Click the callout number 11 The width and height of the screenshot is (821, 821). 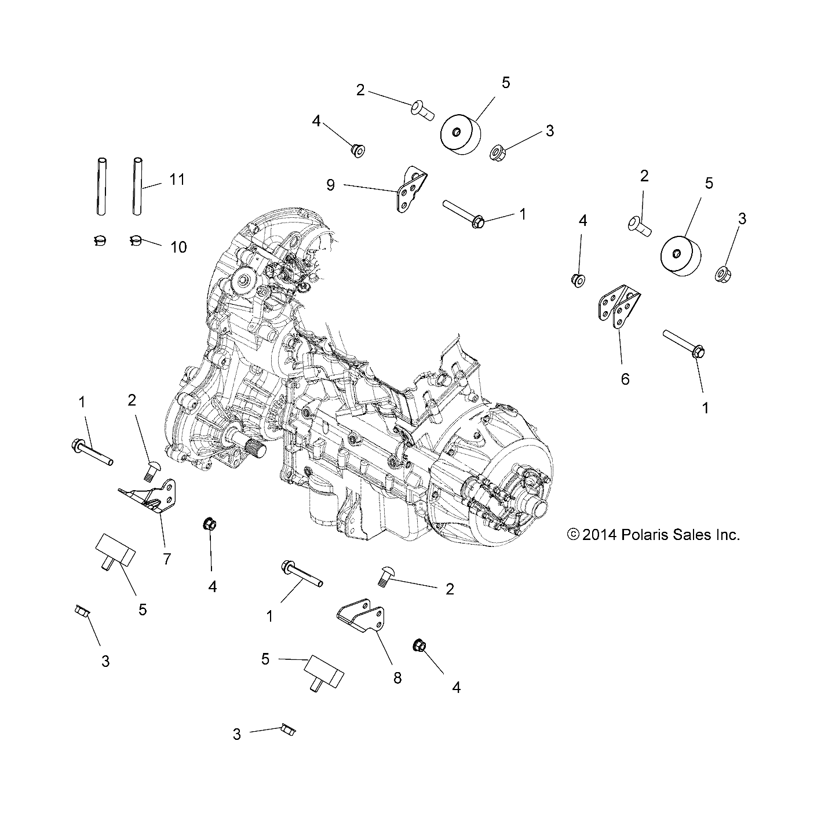(x=177, y=180)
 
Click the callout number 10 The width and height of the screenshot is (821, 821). (x=178, y=247)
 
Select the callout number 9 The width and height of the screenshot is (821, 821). (x=330, y=185)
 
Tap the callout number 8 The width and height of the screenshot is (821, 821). (x=397, y=677)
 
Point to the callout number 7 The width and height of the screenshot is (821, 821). (x=167, y=559)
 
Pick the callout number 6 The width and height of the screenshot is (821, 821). (x=625, y=379)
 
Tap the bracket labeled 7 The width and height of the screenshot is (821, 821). (x=154, y=497)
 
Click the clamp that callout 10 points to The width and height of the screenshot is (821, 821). (x=137, y=240)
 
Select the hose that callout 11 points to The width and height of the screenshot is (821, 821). (x=138, y=186)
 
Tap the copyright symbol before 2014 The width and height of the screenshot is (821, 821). (x=573, y=535)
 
